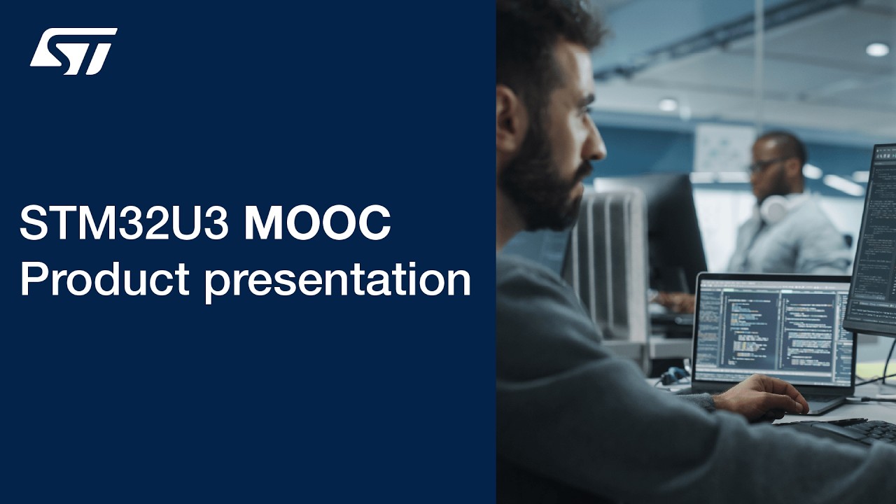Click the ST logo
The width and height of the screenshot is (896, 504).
click(x=73, y=51)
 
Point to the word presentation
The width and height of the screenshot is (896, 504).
click(x=337, y=281)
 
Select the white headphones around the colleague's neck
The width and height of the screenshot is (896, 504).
click(x=776, y=208)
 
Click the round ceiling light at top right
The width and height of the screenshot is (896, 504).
click(x=876, y=49)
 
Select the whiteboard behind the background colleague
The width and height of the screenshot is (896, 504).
click(x=724, y=150)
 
